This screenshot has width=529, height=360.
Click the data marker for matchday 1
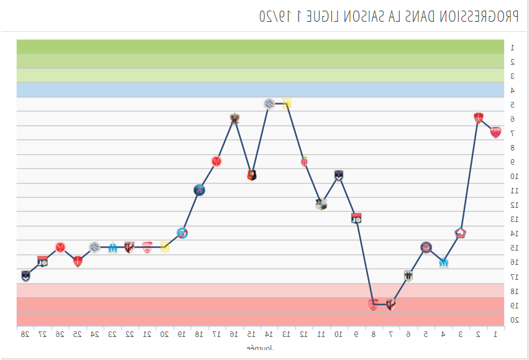495,132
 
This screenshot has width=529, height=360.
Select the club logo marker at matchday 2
478,118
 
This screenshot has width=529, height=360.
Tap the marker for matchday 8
373,305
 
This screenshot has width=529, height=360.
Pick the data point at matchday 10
339,175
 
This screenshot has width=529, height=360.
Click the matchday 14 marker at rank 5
269,103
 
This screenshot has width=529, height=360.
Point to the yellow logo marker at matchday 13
287,103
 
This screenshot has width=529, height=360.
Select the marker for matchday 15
252,175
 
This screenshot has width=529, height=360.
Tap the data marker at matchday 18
199,190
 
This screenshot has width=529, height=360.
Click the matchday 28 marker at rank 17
25,275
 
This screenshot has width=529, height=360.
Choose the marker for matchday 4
443,262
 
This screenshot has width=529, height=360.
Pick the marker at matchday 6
408,275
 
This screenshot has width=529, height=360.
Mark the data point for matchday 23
113,247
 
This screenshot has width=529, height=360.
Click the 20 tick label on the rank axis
514,320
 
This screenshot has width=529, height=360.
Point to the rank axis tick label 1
512,47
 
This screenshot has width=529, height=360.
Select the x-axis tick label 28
25,335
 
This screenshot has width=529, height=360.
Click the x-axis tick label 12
304,335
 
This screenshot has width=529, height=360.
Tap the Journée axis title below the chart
260,348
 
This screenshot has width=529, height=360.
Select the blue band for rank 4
260,90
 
